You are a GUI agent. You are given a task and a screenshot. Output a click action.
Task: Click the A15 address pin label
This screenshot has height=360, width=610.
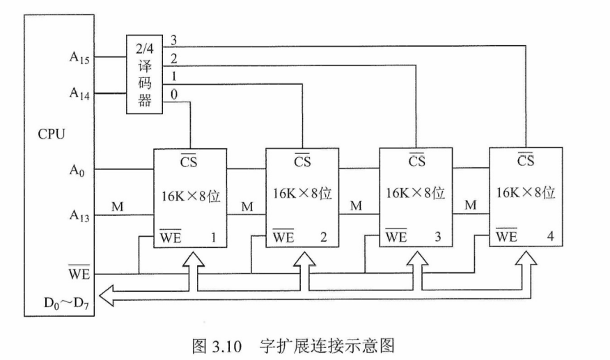(x=79, y=58)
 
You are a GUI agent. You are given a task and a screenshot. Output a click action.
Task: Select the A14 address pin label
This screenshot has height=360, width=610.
(x=79, y=93)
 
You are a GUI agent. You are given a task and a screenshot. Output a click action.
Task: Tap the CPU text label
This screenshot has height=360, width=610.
(x=52, y=134)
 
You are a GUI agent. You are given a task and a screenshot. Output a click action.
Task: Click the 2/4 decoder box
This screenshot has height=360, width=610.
(x=144, y=75)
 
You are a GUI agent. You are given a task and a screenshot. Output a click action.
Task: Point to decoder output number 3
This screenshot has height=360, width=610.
(x=173, y=40)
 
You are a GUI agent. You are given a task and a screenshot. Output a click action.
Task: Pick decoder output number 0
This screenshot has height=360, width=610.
(x=174, y=94)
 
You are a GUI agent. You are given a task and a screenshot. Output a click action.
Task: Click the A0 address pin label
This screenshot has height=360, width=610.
(x=77, y=170)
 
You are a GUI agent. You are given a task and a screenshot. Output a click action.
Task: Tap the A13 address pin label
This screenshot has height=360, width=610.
(x=79, y=215)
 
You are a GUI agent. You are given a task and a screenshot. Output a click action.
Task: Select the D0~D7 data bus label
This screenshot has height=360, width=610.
(x=67, y=303)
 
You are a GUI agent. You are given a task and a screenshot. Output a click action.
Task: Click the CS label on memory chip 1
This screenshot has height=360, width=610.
(x=189, y=161)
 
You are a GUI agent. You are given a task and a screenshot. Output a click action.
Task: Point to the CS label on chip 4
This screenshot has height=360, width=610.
(x=526, y=159)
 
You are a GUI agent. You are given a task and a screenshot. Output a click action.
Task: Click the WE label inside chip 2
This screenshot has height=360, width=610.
(x=283, y=236)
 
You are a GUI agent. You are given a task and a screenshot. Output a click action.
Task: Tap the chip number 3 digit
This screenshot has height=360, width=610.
(x=438, y=237)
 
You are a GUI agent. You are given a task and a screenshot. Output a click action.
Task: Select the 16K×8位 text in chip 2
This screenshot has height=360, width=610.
(x=302, y=194)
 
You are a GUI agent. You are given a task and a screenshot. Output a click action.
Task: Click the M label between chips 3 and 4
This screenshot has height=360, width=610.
(x=470, y=205)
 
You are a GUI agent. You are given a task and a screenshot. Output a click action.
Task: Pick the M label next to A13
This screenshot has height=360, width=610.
(x=117, y=206)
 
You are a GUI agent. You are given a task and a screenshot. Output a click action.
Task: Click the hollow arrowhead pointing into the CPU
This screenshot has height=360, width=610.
(x=107, y=295)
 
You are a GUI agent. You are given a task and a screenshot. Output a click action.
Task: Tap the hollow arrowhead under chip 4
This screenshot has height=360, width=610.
(x=526, y=259)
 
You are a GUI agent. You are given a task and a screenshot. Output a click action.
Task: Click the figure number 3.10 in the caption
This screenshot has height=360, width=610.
(x=227, y=346)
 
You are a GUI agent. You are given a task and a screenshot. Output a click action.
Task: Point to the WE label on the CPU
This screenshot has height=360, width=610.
(x=79, y=273)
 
